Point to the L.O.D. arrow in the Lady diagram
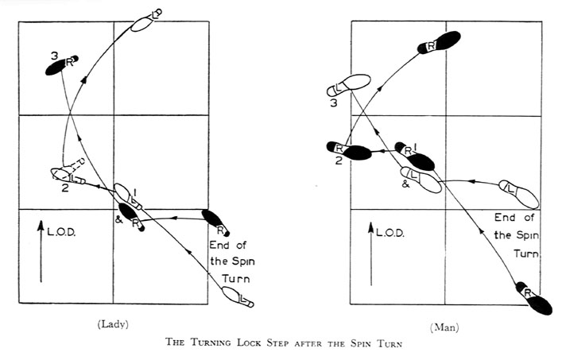pos(41,254)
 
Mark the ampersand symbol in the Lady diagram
pos(118,219)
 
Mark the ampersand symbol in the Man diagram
pos(405,183)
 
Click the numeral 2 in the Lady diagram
pos(65,188)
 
